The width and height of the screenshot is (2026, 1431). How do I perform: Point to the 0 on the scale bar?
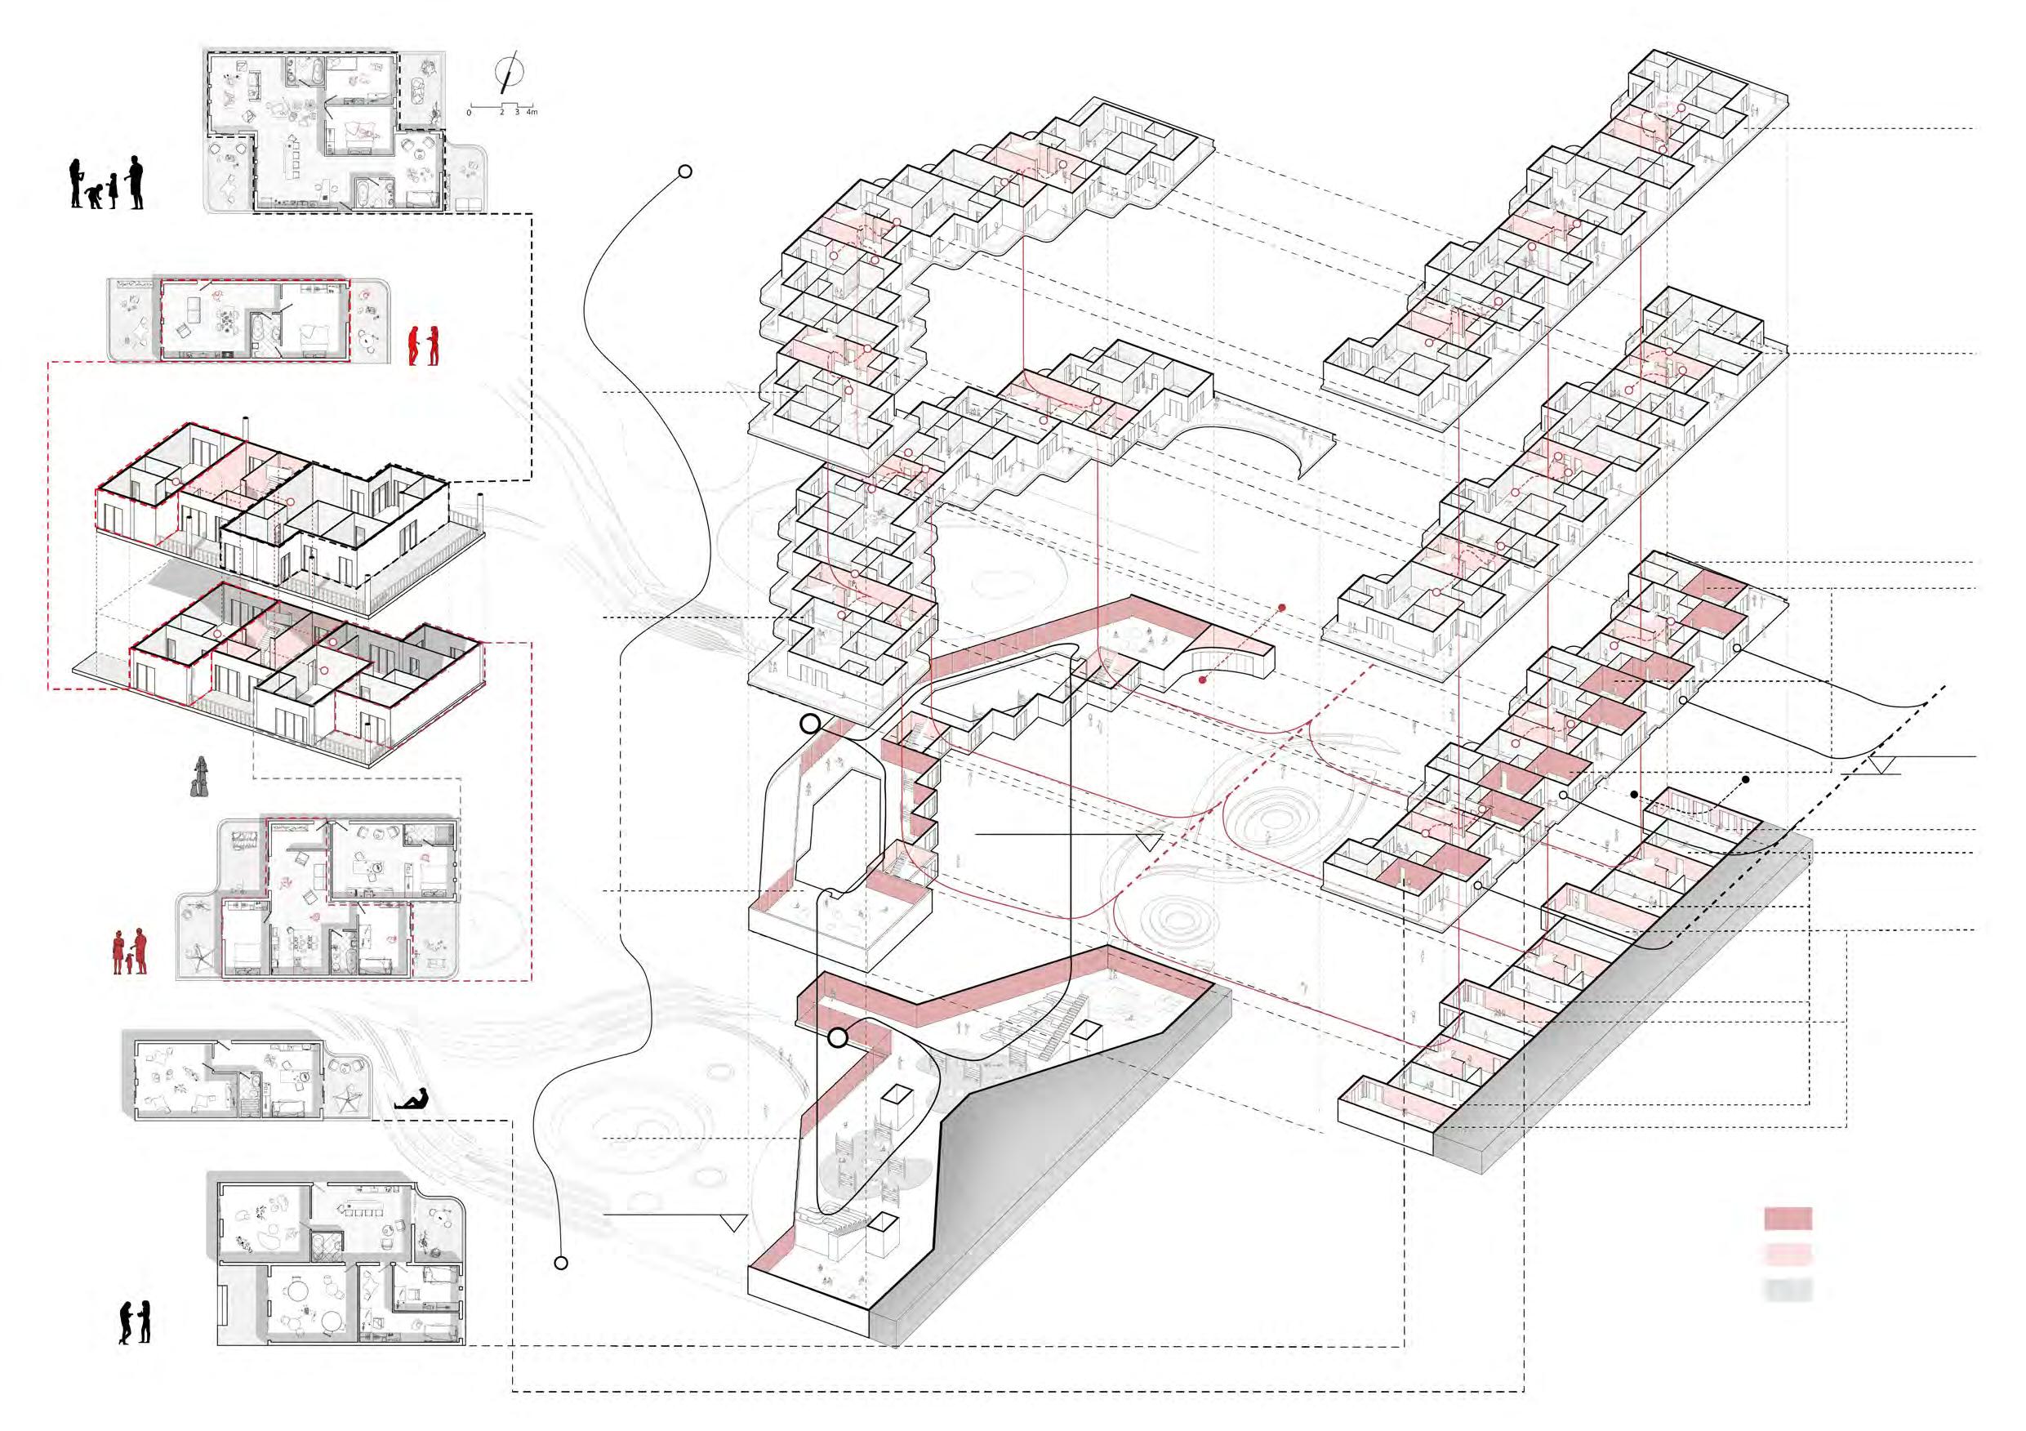tap(469, 113)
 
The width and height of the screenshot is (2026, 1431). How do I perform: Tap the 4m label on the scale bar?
tap(530, 113)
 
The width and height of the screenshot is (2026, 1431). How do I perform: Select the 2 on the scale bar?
tap(502, 113)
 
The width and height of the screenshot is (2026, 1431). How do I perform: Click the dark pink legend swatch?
tap(1788, 1219)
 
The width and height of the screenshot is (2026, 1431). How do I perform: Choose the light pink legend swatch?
tap(1788, 1255)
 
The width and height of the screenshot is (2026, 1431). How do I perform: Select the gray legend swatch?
tap(1788, 1290)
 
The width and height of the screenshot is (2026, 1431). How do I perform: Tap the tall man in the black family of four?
tap(134, 183)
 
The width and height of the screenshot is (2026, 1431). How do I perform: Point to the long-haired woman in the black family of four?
tap(78, 184)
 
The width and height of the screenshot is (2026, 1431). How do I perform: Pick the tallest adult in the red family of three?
tap(140, 950)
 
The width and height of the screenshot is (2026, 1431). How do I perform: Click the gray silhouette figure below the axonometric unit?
tap(202, 778)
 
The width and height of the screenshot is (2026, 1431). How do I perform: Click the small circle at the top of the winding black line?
tap(683, 172)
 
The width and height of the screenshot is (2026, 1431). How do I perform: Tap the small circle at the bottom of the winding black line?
tap(560, 1264)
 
